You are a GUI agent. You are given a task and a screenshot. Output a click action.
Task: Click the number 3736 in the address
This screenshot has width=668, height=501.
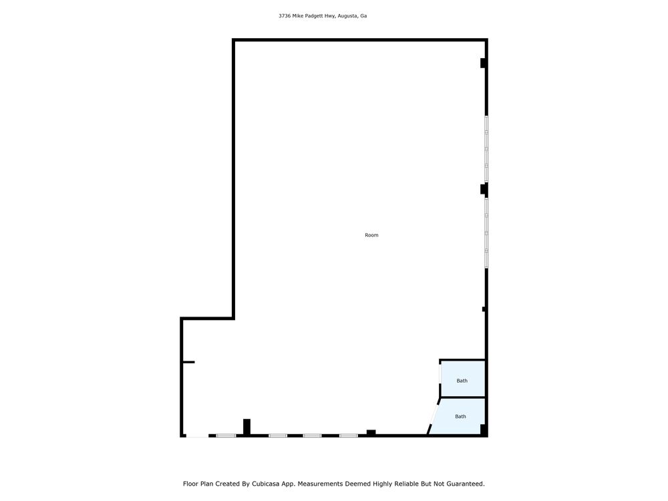tap(285, 16)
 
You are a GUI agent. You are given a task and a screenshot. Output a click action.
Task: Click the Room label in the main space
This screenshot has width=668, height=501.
tap(371, 235)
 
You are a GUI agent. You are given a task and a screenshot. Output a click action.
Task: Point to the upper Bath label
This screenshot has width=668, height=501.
tap(462, 381)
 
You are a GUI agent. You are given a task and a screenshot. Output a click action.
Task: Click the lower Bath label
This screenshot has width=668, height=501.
tap(460, 417)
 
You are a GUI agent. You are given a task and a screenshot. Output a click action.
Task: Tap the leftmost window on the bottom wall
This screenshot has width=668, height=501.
tap(226, 436)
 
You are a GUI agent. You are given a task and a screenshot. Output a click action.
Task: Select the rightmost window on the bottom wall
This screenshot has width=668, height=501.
tap(349, 436)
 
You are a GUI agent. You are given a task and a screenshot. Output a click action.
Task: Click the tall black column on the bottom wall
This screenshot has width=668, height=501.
tap(246, 427)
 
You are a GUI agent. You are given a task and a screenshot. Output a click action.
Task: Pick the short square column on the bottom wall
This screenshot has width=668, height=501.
tap(371, 432)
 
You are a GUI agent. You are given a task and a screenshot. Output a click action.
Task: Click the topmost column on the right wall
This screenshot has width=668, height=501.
tap(484, 63)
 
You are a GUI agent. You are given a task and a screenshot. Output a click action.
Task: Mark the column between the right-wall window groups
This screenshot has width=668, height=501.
tap(484, 189)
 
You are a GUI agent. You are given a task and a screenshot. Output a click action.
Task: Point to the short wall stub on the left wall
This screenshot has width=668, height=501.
tap(188, 362)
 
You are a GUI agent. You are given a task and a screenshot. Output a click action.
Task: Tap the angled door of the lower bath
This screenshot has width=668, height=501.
tap(434, 413)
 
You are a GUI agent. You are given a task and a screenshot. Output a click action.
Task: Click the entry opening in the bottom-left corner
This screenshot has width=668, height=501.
tap(197, 436)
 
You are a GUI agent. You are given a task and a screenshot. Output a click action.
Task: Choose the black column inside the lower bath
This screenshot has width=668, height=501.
tap(484, 430)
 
